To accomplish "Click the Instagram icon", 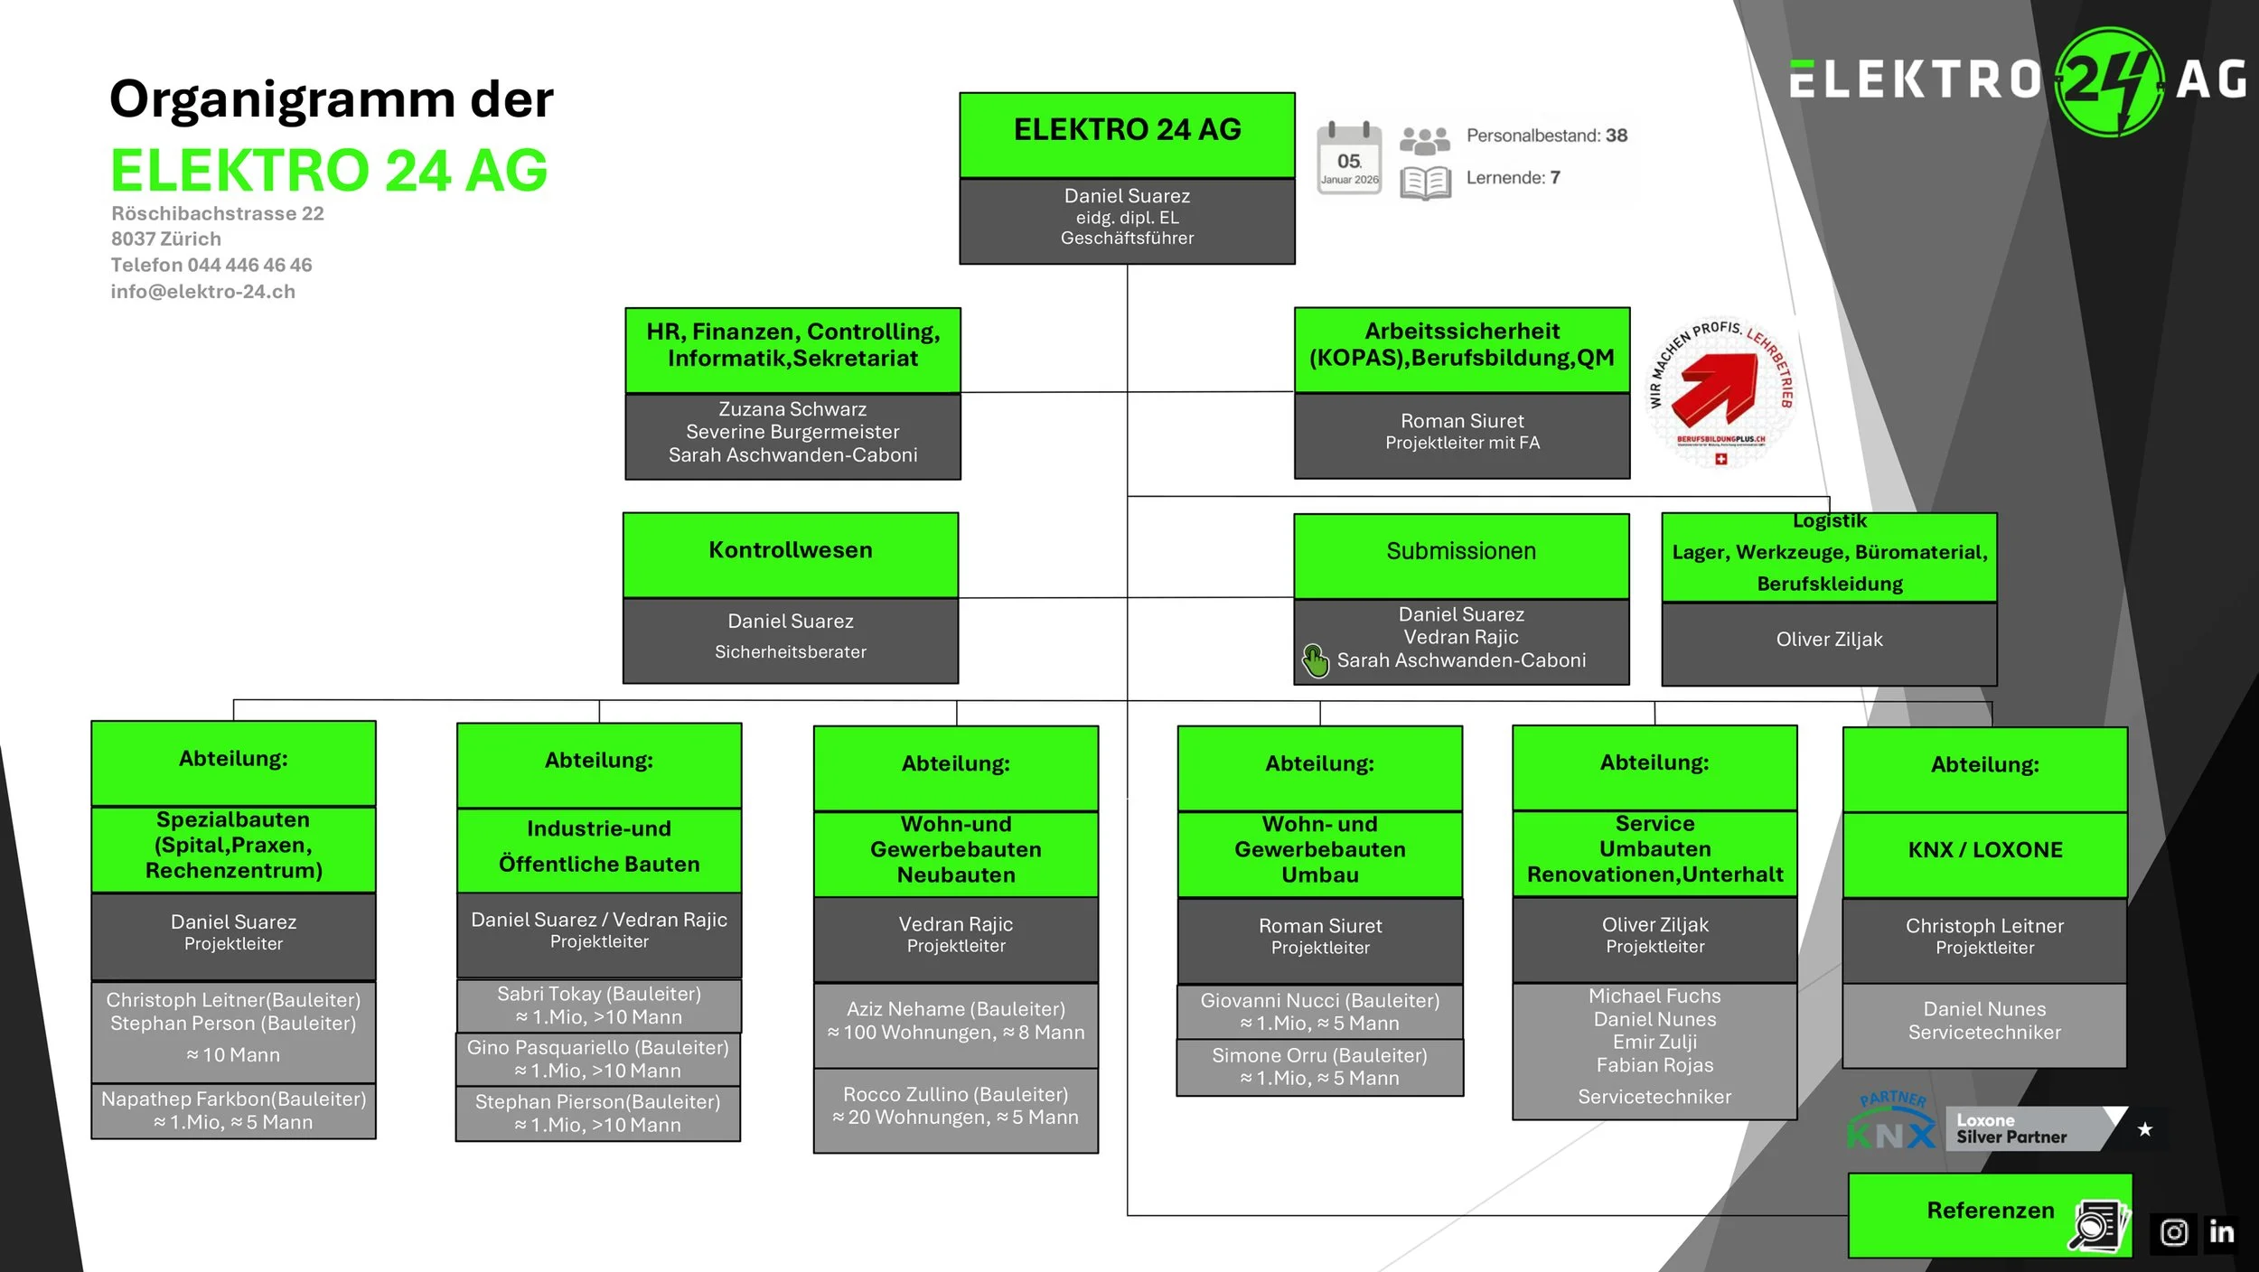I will (2173, 1232).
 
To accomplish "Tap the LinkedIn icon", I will (2221, 1231).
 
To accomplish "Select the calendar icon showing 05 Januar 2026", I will (1349, 158).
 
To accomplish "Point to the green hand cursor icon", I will (1315, 660).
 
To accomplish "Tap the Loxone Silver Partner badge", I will (2024, 1129).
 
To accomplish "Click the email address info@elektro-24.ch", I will (203, 292).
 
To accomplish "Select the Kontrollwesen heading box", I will (791, 551).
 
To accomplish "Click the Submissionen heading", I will (1461, 552).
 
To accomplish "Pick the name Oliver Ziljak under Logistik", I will (1829, 640).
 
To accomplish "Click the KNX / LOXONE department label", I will (1985, 850).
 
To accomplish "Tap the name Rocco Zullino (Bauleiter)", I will (955, 1095).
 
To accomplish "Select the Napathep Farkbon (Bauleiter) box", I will (234, 1110).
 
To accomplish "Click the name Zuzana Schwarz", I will (792, 409).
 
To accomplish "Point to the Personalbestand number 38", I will (1617, 136).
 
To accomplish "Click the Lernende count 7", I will (1555, 178).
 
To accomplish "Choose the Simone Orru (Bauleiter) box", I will (1319, 1067).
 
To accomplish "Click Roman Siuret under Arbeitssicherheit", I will (1462, 421).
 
